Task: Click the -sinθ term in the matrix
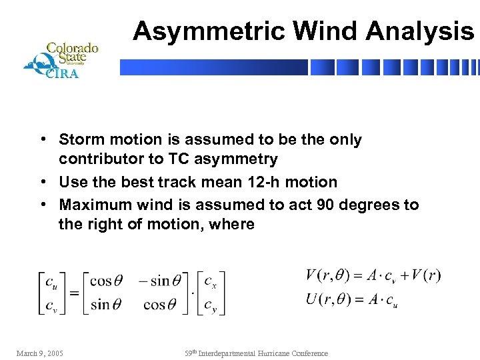[x=159, y=281]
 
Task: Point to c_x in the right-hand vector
[x=210, y=281]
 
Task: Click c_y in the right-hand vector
[x=210, y=305]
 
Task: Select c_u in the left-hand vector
[x=51, y=281]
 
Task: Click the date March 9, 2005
[x=39, y=353]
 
